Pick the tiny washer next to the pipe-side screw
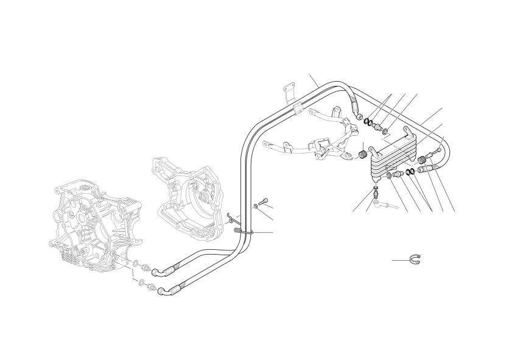256,207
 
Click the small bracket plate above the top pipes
289,93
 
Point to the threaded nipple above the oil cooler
379,127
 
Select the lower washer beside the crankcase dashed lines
141,284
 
